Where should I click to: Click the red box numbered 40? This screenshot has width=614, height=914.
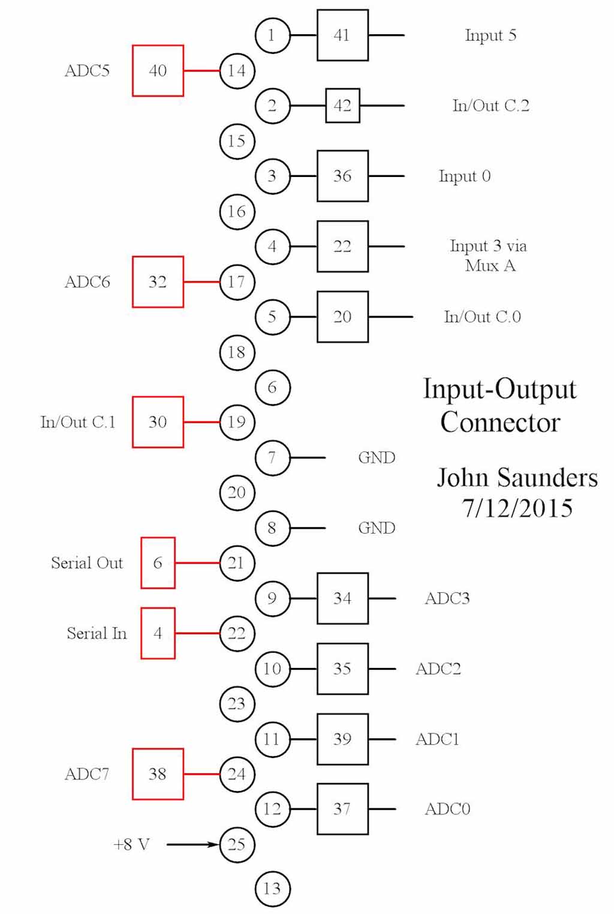pos(158,71)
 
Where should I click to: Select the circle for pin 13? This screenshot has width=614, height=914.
pos(272,888)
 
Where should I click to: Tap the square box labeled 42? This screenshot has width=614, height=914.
pos(342,106)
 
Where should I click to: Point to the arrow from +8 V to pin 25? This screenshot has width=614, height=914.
pos(192,844)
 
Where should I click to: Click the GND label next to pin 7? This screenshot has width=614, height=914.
pos(377,458)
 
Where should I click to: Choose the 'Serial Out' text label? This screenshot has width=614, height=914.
pos(87,563)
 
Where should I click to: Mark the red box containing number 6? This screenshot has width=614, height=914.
pos(158,563)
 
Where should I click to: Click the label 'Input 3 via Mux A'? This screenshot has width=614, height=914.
pos(489,256)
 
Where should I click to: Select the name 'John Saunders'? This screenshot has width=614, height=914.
pos(517,478)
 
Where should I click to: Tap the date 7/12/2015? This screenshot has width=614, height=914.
pos(517,508)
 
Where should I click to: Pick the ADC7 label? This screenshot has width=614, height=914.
pos(87,774)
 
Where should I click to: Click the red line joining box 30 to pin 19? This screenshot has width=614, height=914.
pos(201,422)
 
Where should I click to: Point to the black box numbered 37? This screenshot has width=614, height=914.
pos(342,809)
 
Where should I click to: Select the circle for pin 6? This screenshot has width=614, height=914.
pos(272,387)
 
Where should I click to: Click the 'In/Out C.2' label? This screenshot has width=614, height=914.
pos(490,106)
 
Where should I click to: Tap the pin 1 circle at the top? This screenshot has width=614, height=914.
pos(272,35)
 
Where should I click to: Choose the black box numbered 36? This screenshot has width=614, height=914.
pos(342,176)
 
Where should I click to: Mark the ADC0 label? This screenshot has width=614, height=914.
pos(447,809)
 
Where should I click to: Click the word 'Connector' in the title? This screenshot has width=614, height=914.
pos(500,422)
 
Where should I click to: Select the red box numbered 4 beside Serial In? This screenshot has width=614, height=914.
pos(158,633)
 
